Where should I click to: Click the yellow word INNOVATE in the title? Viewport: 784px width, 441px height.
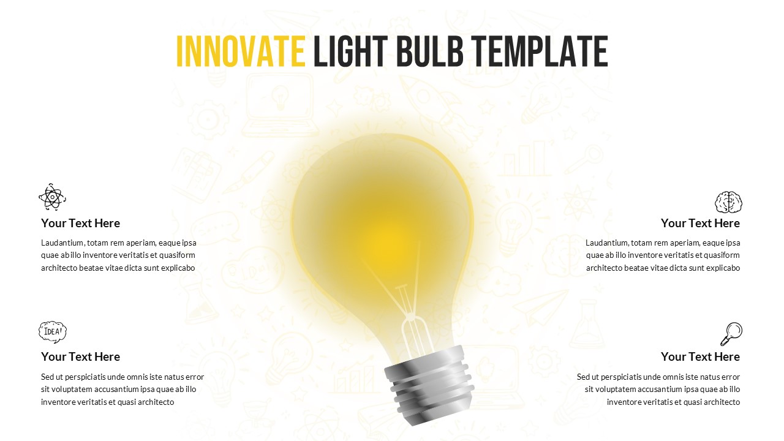coord(240,51)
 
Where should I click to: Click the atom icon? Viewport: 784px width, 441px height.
coord(52,197)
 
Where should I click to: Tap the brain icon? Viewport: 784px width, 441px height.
coord(729,202)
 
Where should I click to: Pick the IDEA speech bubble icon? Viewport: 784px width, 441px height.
coord(53,331)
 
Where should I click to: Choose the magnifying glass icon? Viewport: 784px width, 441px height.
coord(731,334)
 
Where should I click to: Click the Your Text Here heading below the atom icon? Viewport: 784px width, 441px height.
coord(80,223)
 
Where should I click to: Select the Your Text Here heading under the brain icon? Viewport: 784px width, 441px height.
coord(700,223)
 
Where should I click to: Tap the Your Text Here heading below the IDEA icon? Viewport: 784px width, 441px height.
coord(80,356)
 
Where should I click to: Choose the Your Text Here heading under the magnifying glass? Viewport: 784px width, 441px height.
coord(700,356)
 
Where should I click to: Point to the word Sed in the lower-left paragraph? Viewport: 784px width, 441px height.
coord(48,377)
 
